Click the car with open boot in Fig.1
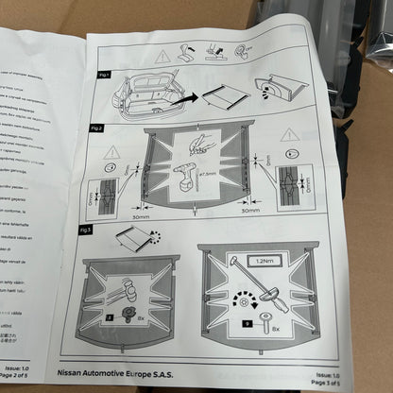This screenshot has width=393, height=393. coord(146,94)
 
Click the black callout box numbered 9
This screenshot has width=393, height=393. coord(248,323)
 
